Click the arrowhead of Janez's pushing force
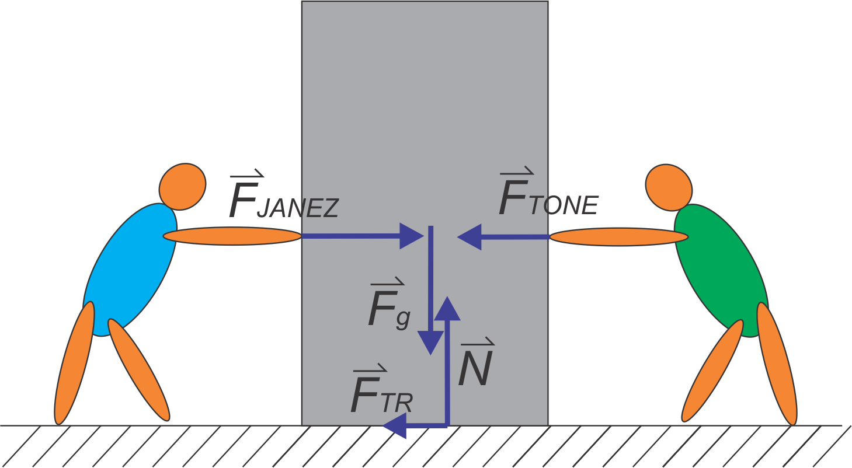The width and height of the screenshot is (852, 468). pyautogui.click(x=411, y=236)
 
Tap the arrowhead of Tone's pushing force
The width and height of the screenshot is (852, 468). pyautogui.click(x=470, y=236)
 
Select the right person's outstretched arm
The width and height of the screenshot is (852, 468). pyautogui.click(x=619, y=236)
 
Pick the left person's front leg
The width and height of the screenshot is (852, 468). pyautogui.click(x=139, y=371)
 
